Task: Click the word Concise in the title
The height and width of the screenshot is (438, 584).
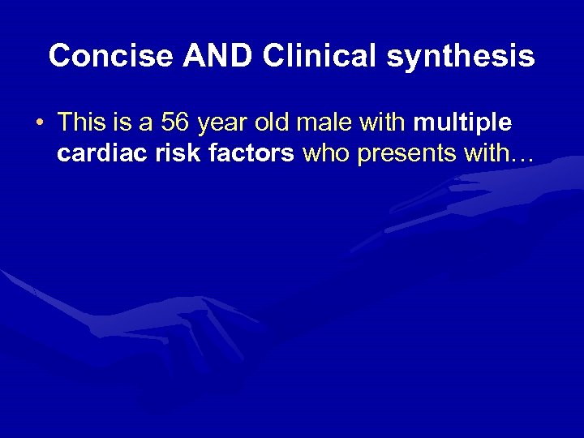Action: (x=110, y=56)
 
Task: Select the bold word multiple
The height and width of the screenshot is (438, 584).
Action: (x=463, y=123)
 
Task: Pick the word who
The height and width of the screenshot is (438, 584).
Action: (x=325, y=153)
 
